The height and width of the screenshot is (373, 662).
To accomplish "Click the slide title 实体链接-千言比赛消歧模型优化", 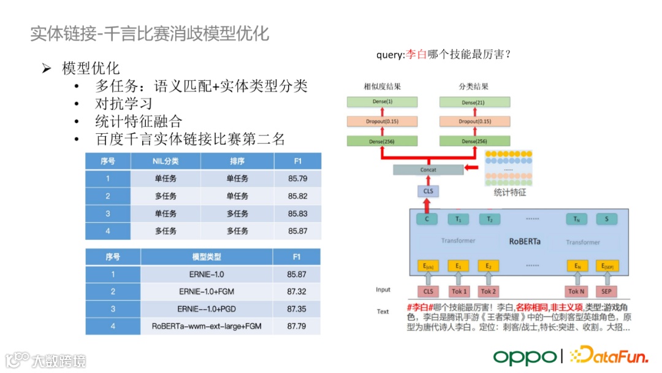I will coord(150,33).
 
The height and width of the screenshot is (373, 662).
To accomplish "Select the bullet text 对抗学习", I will coord(123,103).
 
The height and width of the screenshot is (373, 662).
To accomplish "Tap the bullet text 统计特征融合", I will coord(139,121).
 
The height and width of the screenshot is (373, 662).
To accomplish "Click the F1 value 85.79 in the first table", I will coord(297,179).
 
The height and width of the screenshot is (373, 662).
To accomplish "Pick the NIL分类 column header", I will coord(165,161).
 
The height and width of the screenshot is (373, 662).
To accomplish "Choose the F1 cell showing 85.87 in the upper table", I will coord(297,231).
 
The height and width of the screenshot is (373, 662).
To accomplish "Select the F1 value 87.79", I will coord(297,326).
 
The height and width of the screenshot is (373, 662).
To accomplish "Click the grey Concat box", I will coord(427,170).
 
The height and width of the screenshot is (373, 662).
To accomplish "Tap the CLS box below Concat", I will coord(427,192).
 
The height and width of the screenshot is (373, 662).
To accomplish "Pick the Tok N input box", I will coord(576,291).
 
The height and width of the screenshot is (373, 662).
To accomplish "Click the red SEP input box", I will coord(606,291).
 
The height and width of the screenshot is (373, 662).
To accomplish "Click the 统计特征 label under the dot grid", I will coord(510,193).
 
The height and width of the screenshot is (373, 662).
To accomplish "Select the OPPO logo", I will coord(525,356).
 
